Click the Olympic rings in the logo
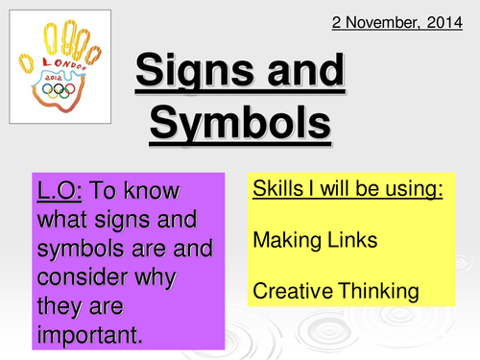tap(63, 90)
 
